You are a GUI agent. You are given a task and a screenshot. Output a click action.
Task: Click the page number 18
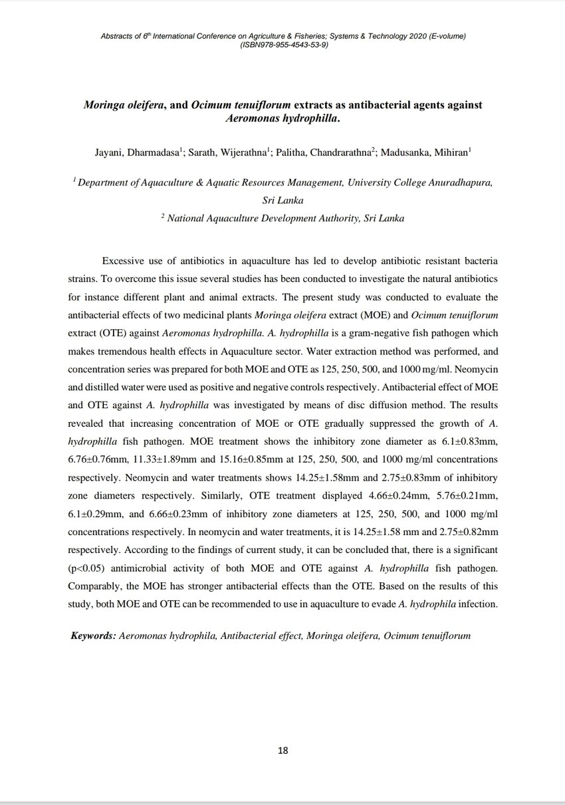(282, 750)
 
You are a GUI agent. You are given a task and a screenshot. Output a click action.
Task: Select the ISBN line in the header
(282, 45)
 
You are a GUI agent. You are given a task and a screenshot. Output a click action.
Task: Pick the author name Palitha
(296, 152)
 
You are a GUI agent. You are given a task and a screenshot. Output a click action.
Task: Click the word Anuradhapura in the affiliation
(459, 182)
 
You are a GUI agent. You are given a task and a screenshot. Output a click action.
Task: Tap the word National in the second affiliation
(189, 217)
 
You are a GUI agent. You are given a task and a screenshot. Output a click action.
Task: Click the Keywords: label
(93, 635)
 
